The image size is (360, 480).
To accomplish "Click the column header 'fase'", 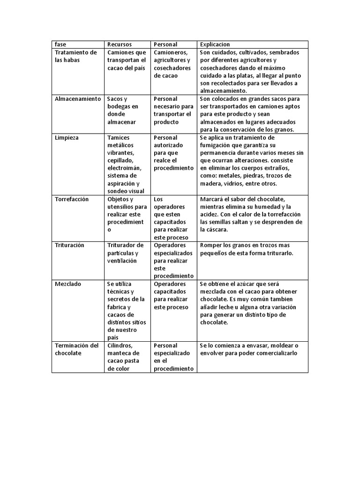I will [x=60, y=45].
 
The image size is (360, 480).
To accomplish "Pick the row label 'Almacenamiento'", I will [x=77, y=99].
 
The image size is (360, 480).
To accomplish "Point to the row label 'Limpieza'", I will [x=67, y=138].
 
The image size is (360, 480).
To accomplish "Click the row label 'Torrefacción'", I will [x=72, y=199].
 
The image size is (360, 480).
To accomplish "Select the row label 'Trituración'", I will [x=69, y=245].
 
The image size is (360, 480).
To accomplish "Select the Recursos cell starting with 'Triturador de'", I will [x=125, y=253].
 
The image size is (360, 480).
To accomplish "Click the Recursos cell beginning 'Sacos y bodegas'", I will [x=122, y=110].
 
